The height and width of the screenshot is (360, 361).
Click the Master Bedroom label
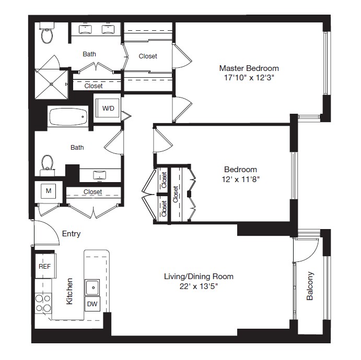249,68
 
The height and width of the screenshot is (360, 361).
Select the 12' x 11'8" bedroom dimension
240,179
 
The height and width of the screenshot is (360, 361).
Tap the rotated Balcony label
310,286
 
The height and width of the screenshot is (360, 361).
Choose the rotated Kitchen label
69,291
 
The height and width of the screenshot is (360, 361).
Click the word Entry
71,234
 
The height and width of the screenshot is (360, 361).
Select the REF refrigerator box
44,266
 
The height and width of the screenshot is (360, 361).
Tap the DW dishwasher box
91,304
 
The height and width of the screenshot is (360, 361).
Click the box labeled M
48,191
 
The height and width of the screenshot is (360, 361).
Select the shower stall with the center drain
51,83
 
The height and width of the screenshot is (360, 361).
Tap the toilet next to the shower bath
48,35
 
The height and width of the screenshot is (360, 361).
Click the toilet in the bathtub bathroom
48,162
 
